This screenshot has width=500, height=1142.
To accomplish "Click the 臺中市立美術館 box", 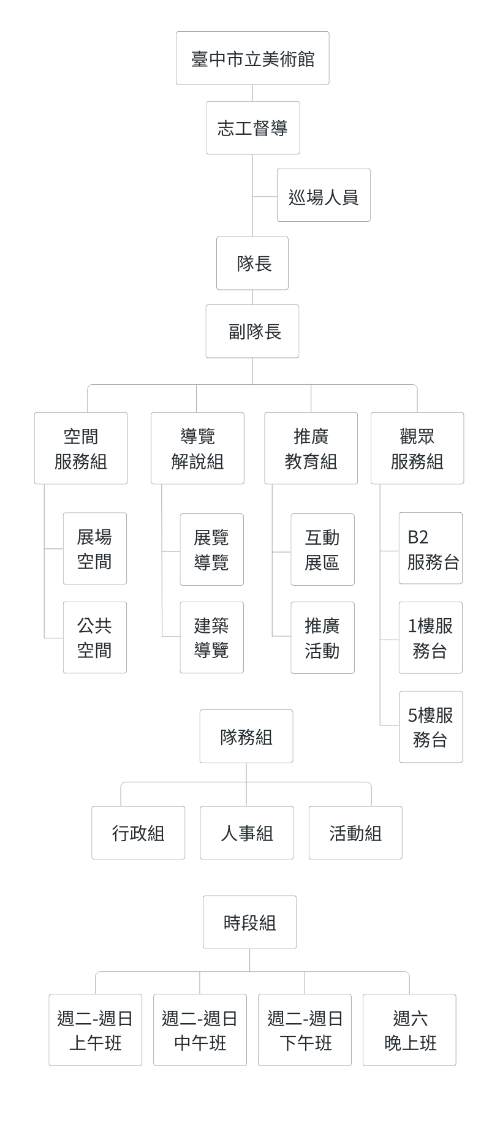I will click(252, 58).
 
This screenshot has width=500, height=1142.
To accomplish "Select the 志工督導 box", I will click(252, 128).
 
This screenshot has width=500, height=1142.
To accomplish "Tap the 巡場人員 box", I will click(324, 195).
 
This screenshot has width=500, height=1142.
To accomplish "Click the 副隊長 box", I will click(252, 331).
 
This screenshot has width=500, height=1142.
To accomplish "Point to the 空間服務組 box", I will click(81, 448).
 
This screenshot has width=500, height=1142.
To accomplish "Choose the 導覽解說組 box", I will click(197, 448).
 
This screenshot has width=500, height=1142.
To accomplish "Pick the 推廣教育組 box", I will click(311, 448).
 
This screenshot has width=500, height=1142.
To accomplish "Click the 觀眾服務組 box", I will click(417, 448).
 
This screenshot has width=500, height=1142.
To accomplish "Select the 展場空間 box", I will click(95, 549).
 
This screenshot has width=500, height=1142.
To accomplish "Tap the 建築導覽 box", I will click(211, 638).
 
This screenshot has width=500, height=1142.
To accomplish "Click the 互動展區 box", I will click(322, 550).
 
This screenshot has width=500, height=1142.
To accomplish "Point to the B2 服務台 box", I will click(431, 548).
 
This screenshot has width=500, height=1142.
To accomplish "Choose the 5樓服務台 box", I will click(431, 727).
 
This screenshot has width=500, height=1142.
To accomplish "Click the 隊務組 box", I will click(246, 736).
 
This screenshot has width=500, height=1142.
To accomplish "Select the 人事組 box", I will click(247, 833).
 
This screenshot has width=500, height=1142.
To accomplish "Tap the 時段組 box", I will click(249, 922).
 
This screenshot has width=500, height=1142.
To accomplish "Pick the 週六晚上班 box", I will click(409, 1030).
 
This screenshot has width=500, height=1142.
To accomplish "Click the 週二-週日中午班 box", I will click(200, 1030).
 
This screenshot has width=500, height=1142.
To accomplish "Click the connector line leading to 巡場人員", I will click(265, 197).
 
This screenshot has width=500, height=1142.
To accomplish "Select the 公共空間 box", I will click(95, 638).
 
